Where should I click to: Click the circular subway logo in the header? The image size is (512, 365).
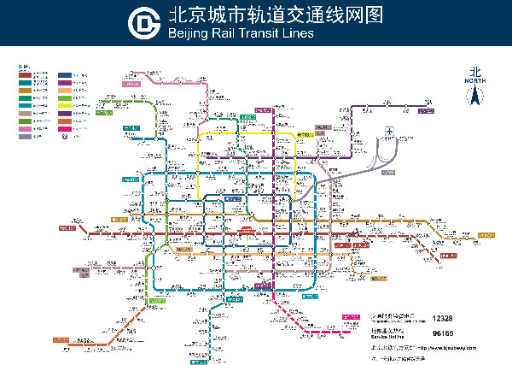[x=144, y=23]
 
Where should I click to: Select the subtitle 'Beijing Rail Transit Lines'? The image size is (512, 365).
[x=241, y=33]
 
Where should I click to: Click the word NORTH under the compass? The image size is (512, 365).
[x=475, y=82]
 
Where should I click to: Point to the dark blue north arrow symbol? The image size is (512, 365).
[x=475, y=98]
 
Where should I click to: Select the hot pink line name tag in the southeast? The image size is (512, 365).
[x=351, y=317]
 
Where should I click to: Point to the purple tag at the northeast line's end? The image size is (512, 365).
[x=424, y=109]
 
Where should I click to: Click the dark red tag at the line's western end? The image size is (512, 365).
[x=67, y=228]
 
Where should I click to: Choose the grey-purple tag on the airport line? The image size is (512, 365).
[x=389, y=172]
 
